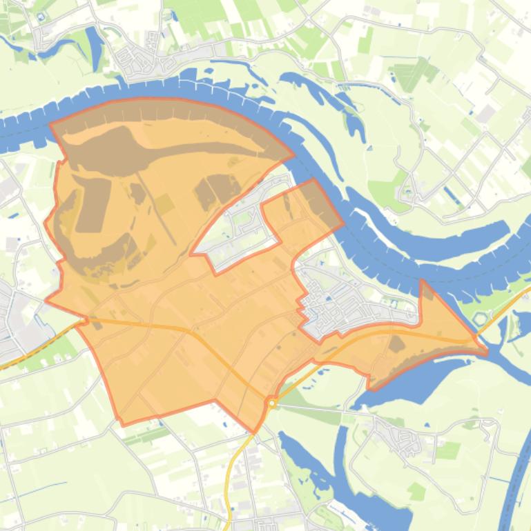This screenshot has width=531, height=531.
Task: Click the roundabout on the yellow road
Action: [x=272, y=403]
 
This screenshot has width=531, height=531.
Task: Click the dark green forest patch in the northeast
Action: [x=409, y=74]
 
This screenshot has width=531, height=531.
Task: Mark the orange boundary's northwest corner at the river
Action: [x=51, y=125]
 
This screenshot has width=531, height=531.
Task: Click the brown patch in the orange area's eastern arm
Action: [x=396, y=343]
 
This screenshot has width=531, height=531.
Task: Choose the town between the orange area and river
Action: [x=352, y=303]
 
